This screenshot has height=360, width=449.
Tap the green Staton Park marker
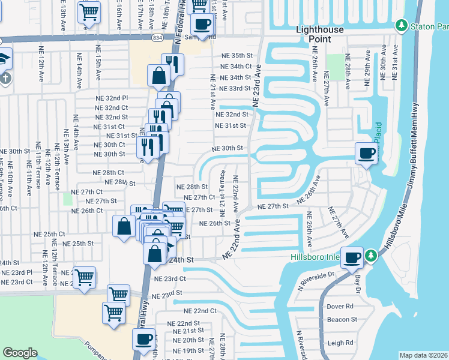coord(401,26)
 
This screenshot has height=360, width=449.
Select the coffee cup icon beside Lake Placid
coord(366,153)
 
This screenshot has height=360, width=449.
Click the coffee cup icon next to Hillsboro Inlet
coord(352,257)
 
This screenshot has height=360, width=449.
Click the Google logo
coord(20,353)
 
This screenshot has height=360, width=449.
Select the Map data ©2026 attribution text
coord(423,355)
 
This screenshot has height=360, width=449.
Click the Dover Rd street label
coord(339,306)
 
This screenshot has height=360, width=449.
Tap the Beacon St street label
coord(342,320)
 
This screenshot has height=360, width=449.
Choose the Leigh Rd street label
coord(340,343)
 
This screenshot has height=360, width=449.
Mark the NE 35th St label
coord(236,55)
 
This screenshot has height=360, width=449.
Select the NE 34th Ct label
coord(235,67)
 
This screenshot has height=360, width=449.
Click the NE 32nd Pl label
coord(112,98)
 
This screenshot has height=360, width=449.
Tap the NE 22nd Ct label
coord(200,311)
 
